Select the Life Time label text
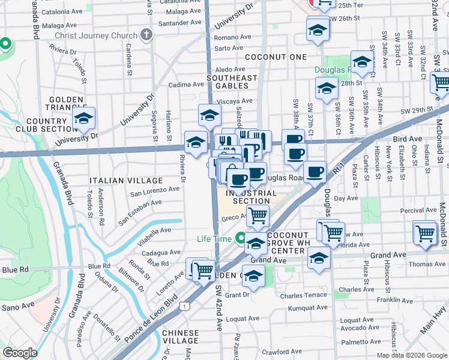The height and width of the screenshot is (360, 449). click(x=214, y=239)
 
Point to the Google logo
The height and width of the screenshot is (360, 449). click(x=20, y=353)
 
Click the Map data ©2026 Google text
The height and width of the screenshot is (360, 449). click(x=412, y=355)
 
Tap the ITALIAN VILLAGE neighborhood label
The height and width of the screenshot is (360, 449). click(x=125, y=180)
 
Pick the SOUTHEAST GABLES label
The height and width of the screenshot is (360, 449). click(x=232, y=82)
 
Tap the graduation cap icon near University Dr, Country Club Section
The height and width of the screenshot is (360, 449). click(x=83, y=118)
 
